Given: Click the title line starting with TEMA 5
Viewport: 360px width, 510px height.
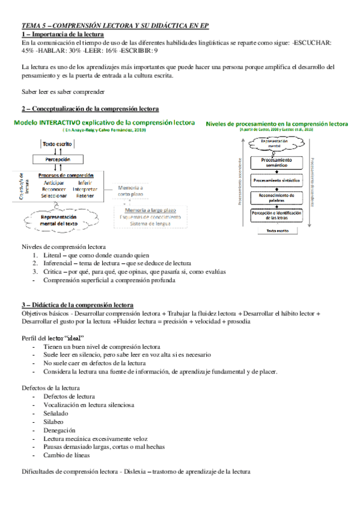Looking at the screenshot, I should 115,26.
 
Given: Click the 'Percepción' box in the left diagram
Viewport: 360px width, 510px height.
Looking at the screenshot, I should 63,160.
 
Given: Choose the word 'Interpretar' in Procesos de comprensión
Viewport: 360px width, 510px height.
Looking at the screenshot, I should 85,189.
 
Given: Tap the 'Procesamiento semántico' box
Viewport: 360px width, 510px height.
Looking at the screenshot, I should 276,164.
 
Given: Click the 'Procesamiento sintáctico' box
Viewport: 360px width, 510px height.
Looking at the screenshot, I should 276,180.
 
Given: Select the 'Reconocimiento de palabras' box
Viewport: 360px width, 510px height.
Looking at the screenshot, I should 276,197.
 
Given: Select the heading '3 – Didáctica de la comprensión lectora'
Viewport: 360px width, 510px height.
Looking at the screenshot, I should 78,306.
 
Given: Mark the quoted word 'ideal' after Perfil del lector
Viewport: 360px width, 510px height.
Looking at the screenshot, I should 75,338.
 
